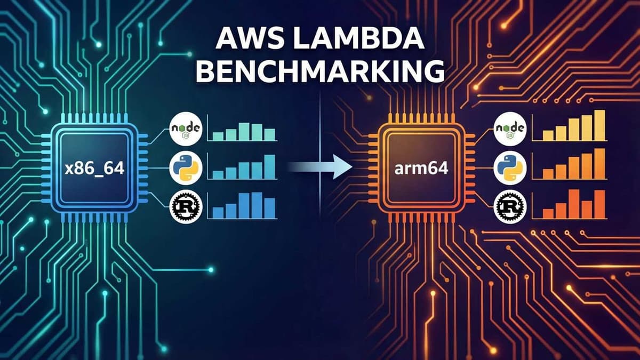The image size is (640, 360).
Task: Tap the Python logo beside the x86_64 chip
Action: (x=185, y=168)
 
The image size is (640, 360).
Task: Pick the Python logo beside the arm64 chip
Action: (x=510, y=168)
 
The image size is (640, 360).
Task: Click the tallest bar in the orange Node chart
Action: (x=599, y=125)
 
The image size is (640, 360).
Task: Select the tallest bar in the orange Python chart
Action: (x=599, y=164)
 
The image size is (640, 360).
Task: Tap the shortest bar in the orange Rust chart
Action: (x=548, y=213)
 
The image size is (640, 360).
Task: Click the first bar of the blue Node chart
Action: (x=218, y=137)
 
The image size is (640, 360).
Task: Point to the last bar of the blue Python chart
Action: (x=269, y=167)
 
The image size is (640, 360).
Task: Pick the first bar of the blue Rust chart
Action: (x=218, y=212)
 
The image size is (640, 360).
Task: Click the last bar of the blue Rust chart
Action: (x=269, y=208)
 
